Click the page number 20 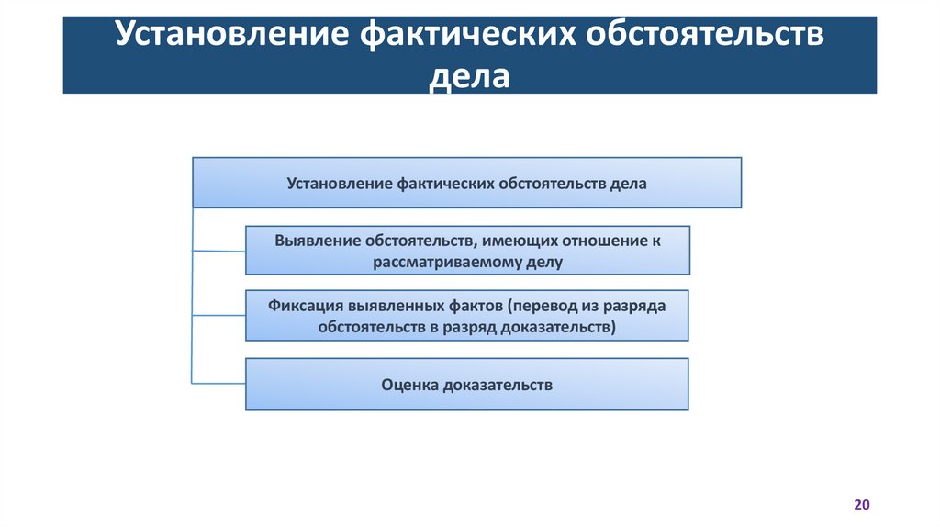tap(861, 505)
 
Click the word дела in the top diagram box tap(628, 184)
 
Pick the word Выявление tap(317, 241)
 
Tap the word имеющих tap(516, 241)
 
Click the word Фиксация tap(306, 305)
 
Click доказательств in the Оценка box tap(498, 385)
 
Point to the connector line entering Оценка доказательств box tap(218, 382)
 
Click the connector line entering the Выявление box tap(218, 250)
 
